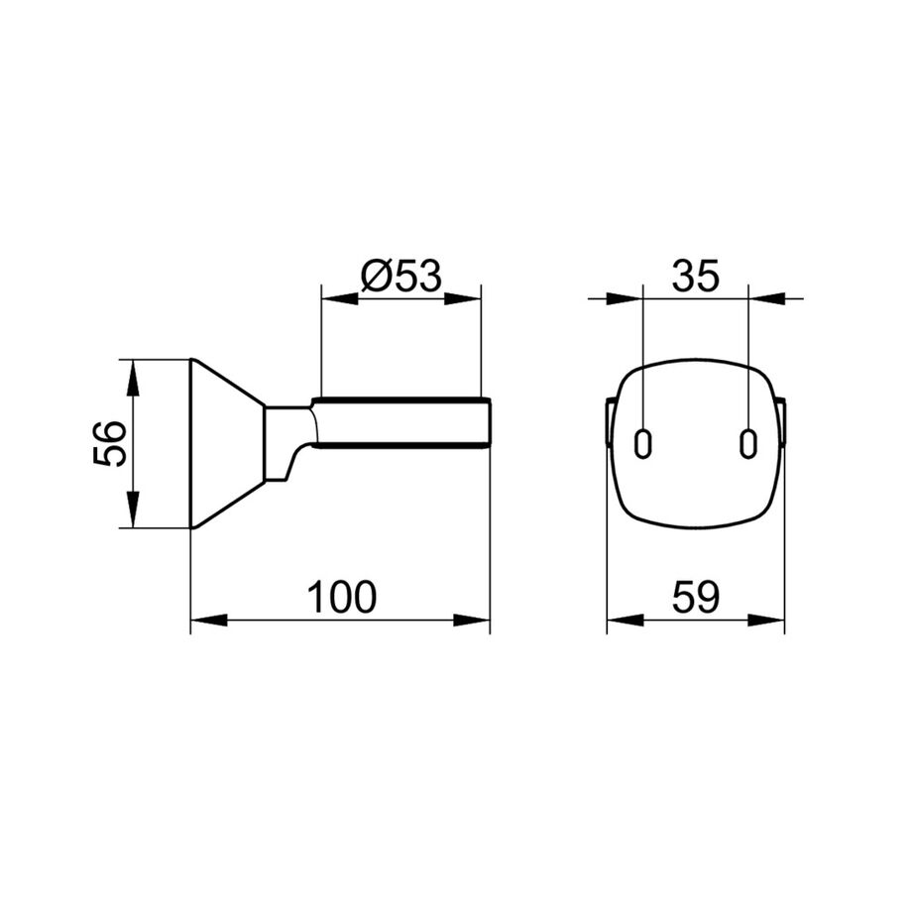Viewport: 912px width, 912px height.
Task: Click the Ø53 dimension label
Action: (x=401, y=276)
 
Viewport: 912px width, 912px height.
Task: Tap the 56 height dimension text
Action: (x=109, y=443)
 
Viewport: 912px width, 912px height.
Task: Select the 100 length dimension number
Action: (x=341, y=597)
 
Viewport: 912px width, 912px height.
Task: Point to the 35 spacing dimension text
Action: (x=696, y=276)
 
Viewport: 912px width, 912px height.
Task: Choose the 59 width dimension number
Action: (x=696, y=597)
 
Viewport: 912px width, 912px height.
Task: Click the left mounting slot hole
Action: (x=642, y=444)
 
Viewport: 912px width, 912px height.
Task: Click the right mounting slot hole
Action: (x=748, y=444)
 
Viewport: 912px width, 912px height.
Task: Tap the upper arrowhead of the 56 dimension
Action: (x=133, y=378)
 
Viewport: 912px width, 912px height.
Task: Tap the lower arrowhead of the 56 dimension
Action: (x=133, y=510)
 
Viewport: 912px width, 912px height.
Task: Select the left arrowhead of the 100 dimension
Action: (x=209, y=620)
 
